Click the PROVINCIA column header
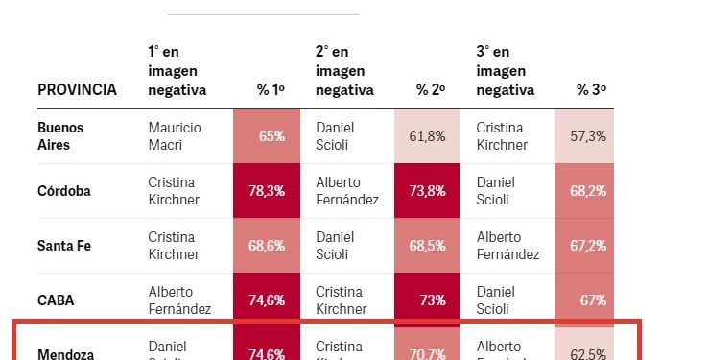(x=77, y=89)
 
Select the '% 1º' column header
(x=271, y=89)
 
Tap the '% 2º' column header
(x=431, y=89)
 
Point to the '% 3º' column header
(x=591, y=89)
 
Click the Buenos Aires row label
(x=60, y=135)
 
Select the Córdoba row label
(x=64, y=190)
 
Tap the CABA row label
(x=56, y=300)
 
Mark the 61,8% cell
(x=427, y=135)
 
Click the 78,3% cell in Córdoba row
(x=266, y=190)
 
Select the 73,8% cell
(x=427, y=190)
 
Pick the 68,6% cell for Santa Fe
(x=266, y=245)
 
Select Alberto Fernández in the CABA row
(x=179, y=300)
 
